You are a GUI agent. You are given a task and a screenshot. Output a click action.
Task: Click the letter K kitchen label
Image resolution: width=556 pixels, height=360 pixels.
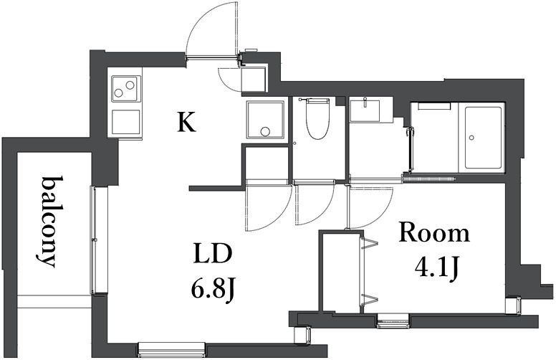(187, 122)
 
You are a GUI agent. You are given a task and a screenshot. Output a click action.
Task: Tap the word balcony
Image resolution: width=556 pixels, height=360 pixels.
(49, 221)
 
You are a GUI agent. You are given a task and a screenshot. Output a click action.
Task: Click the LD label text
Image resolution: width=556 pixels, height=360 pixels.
(213, 252)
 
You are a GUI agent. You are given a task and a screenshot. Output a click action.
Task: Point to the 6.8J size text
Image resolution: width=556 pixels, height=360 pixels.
(213, 289)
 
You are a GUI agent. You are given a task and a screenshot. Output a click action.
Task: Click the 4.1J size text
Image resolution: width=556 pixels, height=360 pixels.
(437, 269)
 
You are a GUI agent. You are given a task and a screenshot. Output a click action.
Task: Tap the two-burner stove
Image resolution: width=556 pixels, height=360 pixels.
(125, 87)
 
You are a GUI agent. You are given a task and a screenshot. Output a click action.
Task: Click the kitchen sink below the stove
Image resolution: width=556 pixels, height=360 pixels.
(125, 122)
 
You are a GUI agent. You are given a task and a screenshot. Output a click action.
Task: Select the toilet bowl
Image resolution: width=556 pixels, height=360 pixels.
(318, 119)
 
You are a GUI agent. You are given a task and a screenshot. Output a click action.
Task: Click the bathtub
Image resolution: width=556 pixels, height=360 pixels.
(483, 138)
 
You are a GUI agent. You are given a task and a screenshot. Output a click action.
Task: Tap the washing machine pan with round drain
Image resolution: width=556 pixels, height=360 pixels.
(266, 120)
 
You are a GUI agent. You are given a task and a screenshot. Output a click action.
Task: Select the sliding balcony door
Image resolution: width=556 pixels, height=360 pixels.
(95, 240)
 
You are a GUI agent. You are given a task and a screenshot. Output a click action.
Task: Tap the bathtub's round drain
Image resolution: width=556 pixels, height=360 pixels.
(471, 138)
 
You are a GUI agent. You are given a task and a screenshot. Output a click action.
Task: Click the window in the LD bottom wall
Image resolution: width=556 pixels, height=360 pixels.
(172, 349)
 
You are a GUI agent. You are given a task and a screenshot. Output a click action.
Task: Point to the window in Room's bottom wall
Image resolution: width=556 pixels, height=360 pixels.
(393, 321)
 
